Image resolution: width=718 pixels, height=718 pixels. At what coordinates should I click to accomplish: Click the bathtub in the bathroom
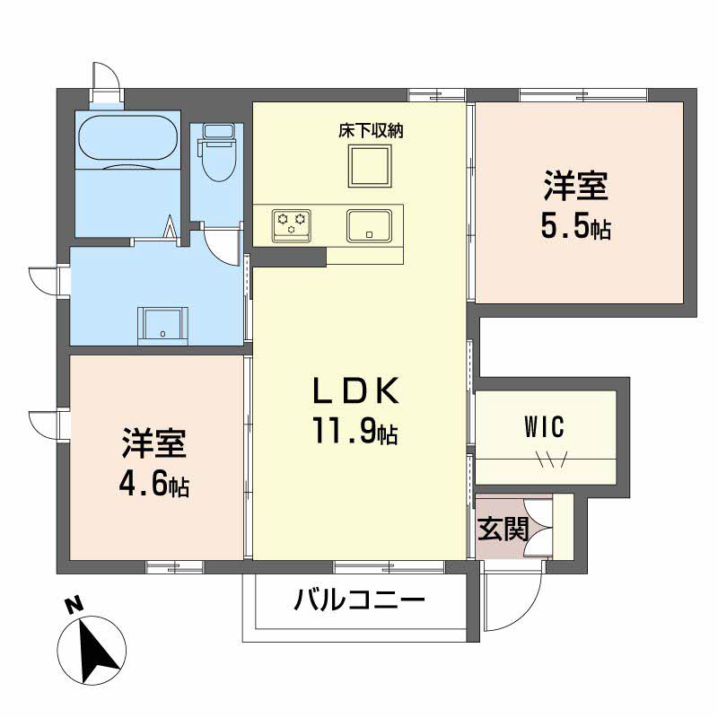[127, 137]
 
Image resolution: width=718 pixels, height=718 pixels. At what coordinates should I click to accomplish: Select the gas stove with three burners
[291, 225]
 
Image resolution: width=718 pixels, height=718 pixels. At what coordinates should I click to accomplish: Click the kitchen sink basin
[369, 225]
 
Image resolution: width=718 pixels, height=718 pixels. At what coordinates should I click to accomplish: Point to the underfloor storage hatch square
[370, 165]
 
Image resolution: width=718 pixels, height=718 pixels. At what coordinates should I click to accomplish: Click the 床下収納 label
[371, 131]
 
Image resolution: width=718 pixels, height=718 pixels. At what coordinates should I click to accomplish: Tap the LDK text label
[355, 391]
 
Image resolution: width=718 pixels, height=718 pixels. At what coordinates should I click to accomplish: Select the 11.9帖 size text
[355, 431]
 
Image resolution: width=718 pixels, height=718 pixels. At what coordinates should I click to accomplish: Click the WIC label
[544, 427]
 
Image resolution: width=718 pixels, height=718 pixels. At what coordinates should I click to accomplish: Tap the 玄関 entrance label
[503, 529]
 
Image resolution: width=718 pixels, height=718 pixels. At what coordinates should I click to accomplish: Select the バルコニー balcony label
[360, 600]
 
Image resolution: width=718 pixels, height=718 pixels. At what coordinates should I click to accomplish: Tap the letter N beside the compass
[74, 605]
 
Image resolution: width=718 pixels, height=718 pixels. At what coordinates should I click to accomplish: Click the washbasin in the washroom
[162, 325]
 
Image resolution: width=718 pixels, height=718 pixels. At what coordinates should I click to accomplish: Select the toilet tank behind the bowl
[218, 131]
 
